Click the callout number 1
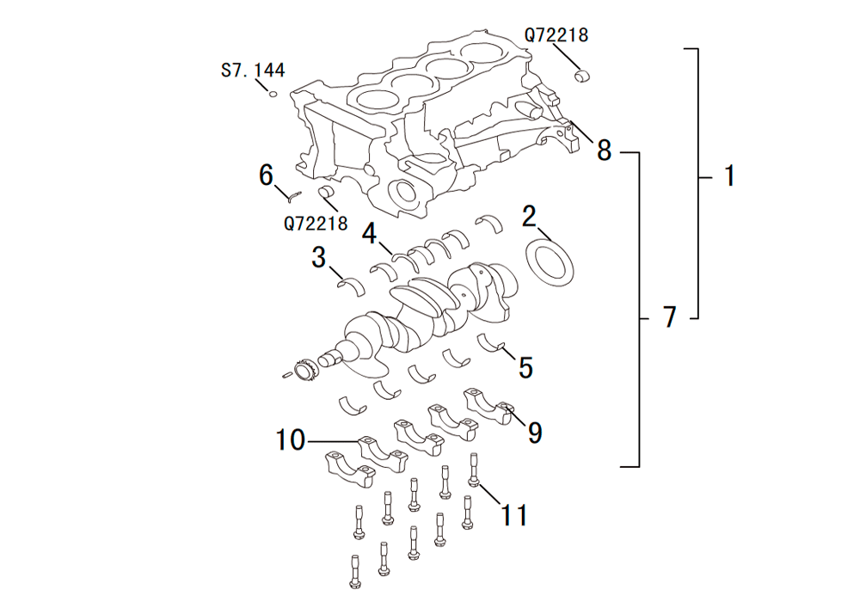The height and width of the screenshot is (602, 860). click(x=729, y=176)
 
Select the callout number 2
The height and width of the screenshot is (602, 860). click(x=530, y=216)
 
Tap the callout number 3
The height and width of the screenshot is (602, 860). click(x=319, y=256)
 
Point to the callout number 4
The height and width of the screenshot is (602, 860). click(x=370, y=233)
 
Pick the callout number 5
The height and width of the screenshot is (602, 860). click(x=525, y=367)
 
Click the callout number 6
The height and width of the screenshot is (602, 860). click(x=267, y=175)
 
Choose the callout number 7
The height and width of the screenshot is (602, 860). click(x=670, y=317)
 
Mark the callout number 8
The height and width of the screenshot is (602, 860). click(x=605, y=150)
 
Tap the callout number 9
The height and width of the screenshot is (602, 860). click(x=535, y=433)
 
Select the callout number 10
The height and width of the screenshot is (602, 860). click(x=291, y=441)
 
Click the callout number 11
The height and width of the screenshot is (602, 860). click(x=514, y=515)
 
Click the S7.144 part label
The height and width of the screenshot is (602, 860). click(x=253, y=70)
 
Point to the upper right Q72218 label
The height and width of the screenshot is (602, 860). click(x=556, y=35)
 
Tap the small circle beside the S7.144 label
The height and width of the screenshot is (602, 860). click(x=273, y=94)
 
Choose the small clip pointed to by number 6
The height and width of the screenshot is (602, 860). click(x=291, y=194)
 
